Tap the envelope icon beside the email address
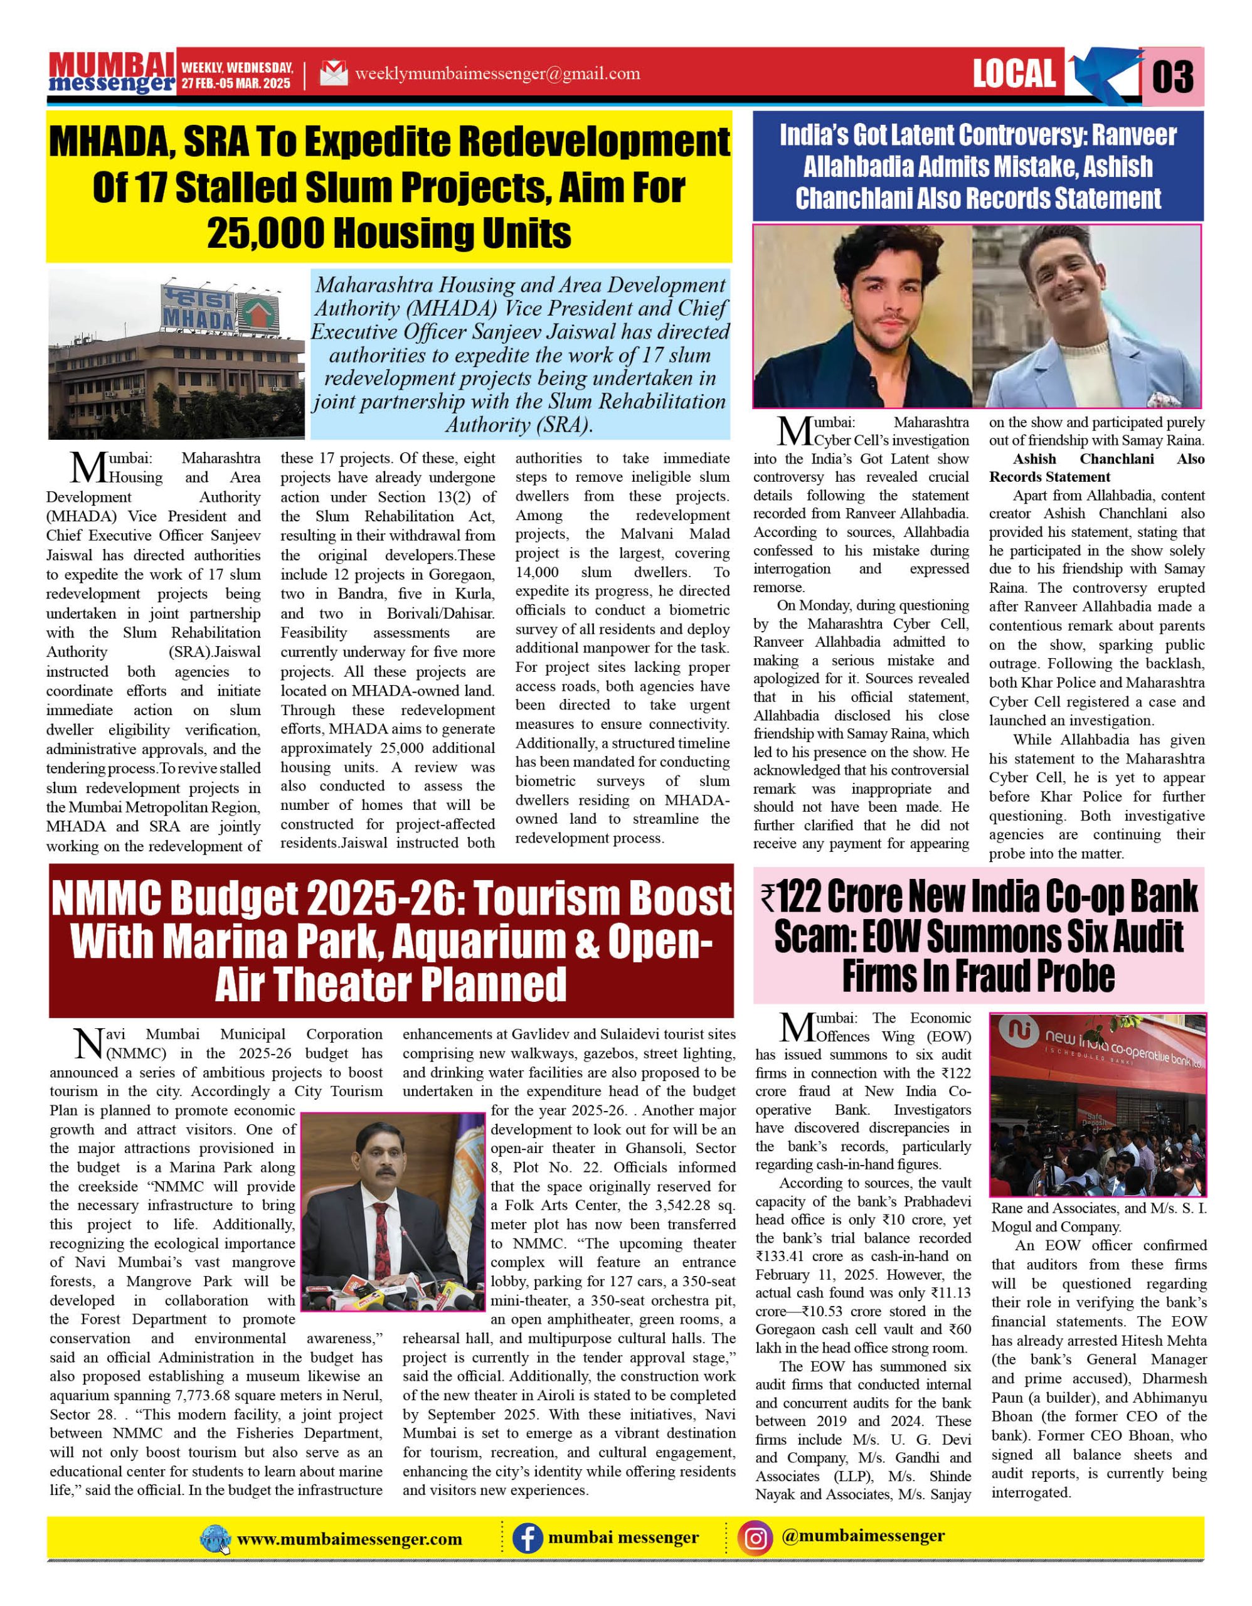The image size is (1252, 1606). coord(334,73)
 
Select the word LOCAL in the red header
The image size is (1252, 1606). coord(1014,73)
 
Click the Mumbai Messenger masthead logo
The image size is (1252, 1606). coord(112,73)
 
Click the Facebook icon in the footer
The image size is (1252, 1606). coord(526,1538)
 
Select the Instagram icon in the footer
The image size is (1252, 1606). coord(756,1538)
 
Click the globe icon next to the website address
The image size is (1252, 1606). coord(215,1539)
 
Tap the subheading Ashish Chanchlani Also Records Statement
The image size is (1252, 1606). coord(1097,467)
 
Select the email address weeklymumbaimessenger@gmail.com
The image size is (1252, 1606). coord(497,73)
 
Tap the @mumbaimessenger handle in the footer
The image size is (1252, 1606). coord(864,1536)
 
